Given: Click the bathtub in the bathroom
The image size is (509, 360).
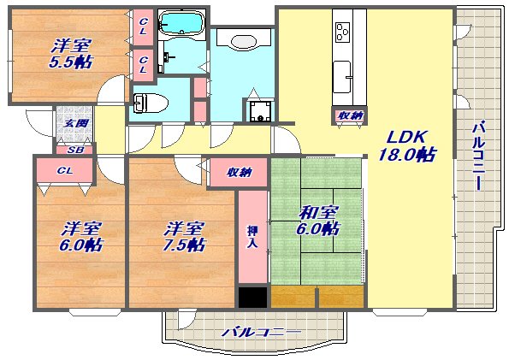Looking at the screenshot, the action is (x=181, y=23).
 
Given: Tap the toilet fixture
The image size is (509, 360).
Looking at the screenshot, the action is (x=151, y=103).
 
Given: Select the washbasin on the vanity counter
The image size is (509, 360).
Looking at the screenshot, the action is (x=244, y=42).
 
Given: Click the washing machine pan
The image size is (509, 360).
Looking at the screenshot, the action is (x=260, y=111).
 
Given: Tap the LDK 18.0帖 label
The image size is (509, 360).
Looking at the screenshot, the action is (x=407, y=145).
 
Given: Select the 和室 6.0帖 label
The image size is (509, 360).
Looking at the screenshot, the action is (x=317, y=221).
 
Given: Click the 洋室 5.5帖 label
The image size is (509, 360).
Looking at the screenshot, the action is (x=71, y=54).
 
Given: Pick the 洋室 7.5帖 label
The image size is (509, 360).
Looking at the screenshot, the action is (x=184, y=237).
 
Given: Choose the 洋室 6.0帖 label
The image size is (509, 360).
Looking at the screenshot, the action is (x=81, y=237).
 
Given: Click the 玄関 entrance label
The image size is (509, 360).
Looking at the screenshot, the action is (x=75, y=123).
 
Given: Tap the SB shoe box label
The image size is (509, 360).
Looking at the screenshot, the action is (x=75, y=150).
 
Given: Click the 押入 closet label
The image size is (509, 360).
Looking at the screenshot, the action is (x=253, y=237).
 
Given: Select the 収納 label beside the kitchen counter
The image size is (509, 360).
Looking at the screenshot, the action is (x=349, y=115).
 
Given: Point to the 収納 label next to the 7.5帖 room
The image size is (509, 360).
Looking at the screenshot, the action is (x=239, y=173).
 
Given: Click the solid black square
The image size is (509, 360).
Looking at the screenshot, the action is (x=253, y=297).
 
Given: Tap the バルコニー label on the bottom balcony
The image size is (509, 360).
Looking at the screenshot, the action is (x=262, y=332).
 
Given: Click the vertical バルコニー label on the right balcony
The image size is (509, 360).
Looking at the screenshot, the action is (x=478, y=155).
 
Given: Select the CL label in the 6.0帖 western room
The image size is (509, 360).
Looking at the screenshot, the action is (x=65, y=171).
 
